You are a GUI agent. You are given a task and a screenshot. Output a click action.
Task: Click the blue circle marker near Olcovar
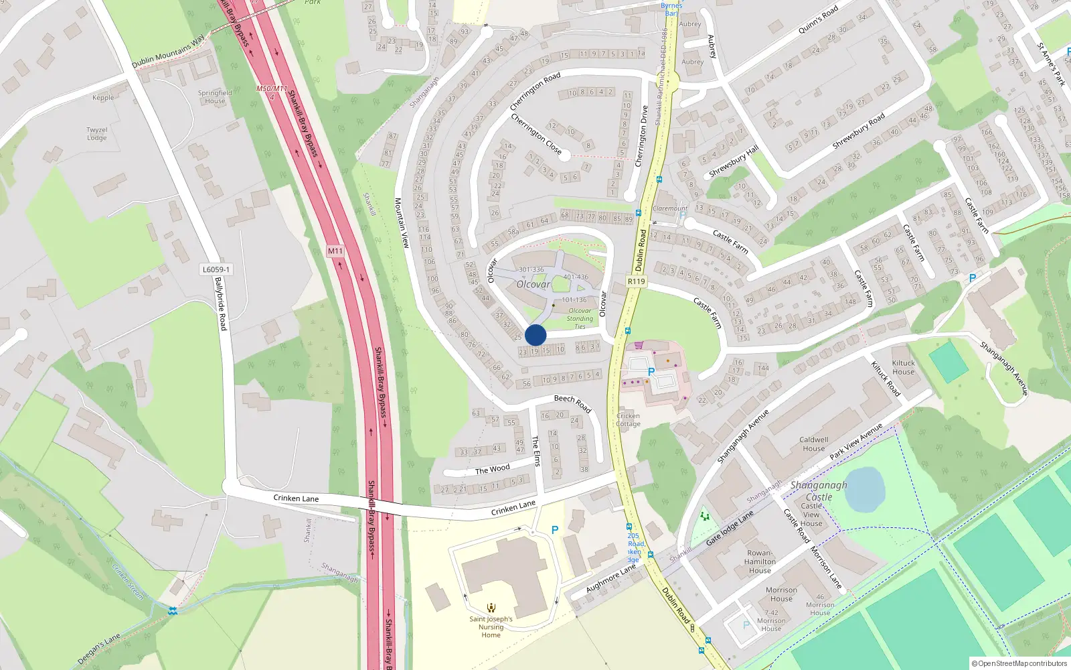click(535, 335)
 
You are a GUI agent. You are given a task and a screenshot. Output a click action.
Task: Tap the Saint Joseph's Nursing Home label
click(491, 626)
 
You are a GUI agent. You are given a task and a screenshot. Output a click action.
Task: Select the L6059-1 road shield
click(216, 269)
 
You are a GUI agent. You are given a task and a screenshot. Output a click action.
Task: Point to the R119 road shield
click(636, 281)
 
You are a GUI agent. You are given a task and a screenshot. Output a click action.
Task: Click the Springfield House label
click(215, 97)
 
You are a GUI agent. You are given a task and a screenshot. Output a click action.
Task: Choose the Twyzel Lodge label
click(97, 134)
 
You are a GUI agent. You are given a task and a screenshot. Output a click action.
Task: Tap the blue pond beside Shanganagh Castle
click(865, 489)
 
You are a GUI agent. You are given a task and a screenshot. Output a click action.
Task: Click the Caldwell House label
click(813, 444)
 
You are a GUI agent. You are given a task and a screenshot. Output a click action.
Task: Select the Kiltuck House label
click(903, 368)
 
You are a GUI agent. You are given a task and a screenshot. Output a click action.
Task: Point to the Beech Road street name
click(572, 403)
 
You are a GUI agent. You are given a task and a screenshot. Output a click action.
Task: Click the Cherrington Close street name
click(535, 134)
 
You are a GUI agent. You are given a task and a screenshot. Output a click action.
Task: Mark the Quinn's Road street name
click(818, 20)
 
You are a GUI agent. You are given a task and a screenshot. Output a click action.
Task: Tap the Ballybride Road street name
click(221, 304)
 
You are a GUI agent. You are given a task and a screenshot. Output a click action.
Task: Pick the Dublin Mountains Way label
click(168, 52)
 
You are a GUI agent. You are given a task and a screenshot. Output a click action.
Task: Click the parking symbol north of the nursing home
click(554, 530)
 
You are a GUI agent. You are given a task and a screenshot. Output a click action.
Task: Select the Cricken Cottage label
click(628, 419)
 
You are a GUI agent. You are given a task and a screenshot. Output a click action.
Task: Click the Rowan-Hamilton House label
click(760, 562)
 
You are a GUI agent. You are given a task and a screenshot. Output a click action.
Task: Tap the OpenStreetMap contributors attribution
click(1019, 663)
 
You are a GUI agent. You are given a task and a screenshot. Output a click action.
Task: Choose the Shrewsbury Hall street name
click(734, 161)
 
